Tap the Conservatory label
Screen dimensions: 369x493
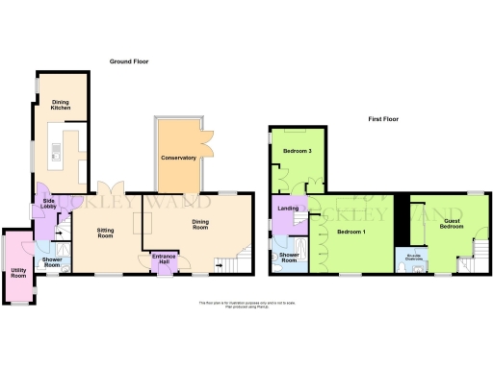click(179, 158)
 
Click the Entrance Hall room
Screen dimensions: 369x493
click(163, 260)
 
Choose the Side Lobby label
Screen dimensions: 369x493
click(44, 204)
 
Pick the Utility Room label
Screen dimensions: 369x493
click(17, 274)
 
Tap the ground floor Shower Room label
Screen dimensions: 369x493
click(51, 260)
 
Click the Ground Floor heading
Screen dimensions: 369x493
click(134, 61)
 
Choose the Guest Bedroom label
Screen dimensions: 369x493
click(453, 223)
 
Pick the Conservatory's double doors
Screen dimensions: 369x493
click(204, 132)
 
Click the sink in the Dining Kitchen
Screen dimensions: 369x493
click(55, 151)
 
